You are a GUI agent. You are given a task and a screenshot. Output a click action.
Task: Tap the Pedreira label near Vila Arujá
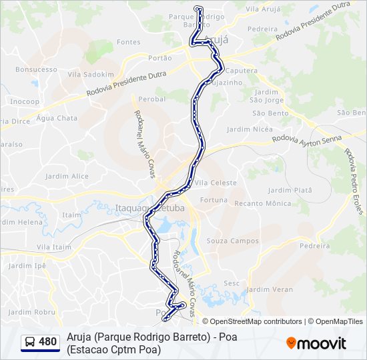tap(262, 29)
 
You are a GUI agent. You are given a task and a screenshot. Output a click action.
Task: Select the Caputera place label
tap(242, 70)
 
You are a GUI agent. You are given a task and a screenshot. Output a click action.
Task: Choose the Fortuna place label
tap(214, 200)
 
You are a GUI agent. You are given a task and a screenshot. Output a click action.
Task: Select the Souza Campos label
tap(233, 241)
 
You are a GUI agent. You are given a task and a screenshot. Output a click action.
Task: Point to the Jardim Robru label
tap(32, 311)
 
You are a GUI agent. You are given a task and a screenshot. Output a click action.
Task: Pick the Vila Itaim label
tap(54, 247)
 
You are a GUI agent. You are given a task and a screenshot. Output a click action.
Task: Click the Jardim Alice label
tap(67, 176)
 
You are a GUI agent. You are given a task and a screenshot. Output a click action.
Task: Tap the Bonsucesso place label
tap(37, 69)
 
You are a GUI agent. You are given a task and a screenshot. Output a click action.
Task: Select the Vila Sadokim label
tap(91, 75)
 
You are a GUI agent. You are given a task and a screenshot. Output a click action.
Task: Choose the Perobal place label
tap(152, 99)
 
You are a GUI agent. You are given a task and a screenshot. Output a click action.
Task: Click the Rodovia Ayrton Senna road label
tap(307, 139)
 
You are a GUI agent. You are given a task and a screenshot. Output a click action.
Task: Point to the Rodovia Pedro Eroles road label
tap(354, 181)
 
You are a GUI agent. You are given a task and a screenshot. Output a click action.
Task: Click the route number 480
tap(47, 342)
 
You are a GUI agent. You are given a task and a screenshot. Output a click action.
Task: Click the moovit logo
tap(316, 343)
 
